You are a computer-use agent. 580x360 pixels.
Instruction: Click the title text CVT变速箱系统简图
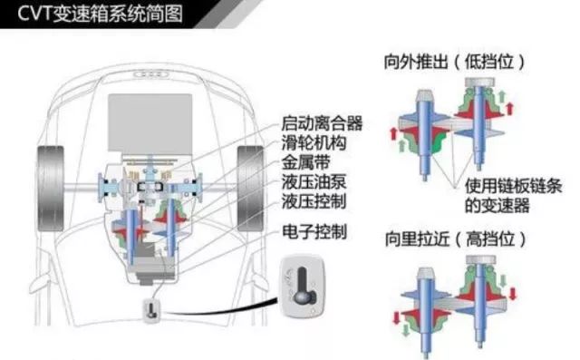pos(100,15)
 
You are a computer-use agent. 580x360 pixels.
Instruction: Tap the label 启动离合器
pos(322,123)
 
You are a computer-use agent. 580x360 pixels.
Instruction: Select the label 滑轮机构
pos(314,142)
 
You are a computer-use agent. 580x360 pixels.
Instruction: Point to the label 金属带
pos(305,162)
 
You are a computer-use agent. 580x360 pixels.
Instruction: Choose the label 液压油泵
pos(314,181)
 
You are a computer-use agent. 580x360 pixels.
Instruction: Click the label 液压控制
pos(314,201)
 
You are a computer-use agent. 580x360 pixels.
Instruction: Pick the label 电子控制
pos(314,232)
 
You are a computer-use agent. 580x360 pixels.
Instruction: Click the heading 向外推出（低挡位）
pos(454,62)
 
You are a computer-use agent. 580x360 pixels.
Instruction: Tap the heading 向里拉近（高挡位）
pos(455,238)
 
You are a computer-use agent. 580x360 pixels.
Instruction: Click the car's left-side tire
pos(51,189)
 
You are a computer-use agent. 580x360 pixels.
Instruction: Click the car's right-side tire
pos(250,189)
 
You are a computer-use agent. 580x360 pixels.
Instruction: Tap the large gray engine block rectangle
pos(150,122)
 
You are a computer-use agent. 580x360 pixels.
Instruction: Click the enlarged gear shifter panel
pos(303,287)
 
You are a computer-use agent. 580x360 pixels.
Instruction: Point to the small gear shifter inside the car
pos(151,310)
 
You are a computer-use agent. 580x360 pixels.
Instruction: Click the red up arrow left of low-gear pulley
pos(393,133)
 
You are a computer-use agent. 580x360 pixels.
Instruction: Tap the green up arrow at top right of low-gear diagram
pos(502,97)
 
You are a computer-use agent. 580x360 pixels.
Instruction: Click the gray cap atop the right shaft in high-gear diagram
pos(480,259)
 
